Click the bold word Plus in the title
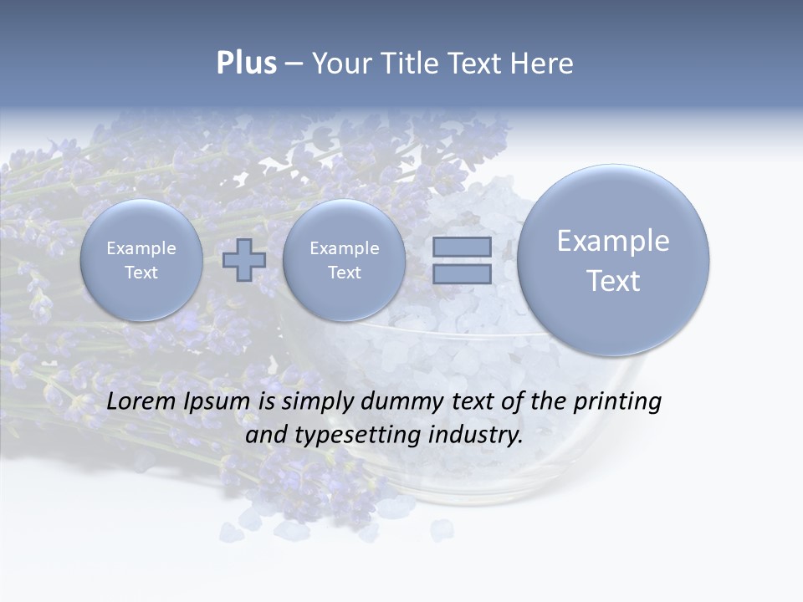[x=246, y=64]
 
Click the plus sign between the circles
[x=244, y=260]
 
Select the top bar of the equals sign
[x=462, y=247]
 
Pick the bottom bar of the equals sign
[x=462, y=273]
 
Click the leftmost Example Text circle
[x=141, y=260]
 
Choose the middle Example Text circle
[x=344, y=260]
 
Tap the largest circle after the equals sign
[x=613, y=260]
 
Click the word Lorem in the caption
[x=142, y=401]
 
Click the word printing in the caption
[x=616, y=402]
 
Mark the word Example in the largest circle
[x=613, y=241]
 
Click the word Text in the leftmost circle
[x=141, y=273]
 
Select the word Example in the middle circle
[x=344, y=248]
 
